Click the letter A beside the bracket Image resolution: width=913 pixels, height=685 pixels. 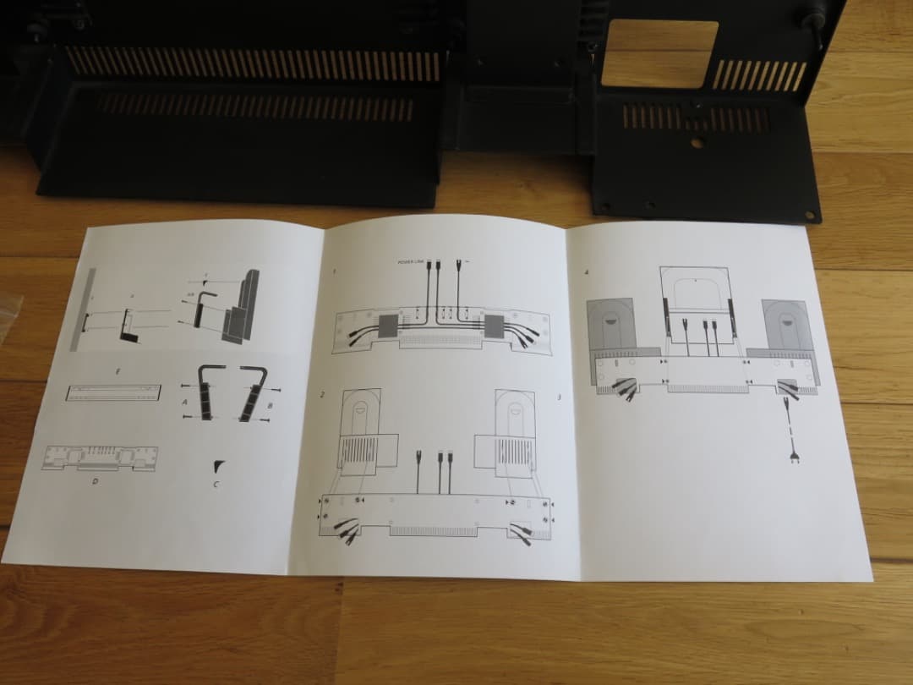(185, 402)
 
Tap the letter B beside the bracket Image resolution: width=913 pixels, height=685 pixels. (270, 405)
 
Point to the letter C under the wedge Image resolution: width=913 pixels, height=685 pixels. (215, 484)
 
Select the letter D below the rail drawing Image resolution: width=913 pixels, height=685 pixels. (94, 481)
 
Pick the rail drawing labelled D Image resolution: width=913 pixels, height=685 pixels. (100, 458)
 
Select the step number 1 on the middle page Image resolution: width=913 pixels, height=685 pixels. (334, 271)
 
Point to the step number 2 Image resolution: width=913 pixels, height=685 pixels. (322, 395)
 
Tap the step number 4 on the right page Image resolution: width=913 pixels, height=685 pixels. (588, 272)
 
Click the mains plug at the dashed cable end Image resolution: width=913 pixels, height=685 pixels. (795, 460)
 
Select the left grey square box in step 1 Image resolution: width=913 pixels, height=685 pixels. (391, 325)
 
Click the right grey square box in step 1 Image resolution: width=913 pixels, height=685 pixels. (496, 325)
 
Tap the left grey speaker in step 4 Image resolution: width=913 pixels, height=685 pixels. (611, 325)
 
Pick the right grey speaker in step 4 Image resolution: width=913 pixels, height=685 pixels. (787, 325)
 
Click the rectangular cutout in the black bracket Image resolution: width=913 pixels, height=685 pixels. (660, 52)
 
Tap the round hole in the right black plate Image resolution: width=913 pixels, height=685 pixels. (696, 143)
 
